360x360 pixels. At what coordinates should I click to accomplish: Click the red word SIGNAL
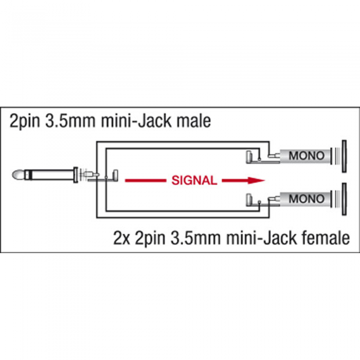(x=194, y=181)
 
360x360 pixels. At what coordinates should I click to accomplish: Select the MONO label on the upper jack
(x=307, y=156)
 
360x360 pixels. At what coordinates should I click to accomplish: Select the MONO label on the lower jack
(x=307, y=199)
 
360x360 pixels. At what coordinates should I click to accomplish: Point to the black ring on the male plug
(x=28, y=175)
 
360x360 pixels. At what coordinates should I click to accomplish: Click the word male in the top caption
(x=193, y=121)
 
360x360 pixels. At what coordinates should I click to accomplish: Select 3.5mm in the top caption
(x=70, y=121)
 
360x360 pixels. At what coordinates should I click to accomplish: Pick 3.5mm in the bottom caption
(x=196, y=238)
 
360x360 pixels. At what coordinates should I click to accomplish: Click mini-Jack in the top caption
(x=136, y=121)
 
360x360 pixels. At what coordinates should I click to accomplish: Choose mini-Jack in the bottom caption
(x=261, y=238)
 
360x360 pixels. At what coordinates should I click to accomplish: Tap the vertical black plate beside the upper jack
(x=344, y=156)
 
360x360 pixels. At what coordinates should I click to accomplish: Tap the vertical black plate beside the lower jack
(x=344, y=199)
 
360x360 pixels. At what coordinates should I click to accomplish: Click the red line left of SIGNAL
(x=146, y=181)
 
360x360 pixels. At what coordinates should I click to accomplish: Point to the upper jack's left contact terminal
(x=248, y=156)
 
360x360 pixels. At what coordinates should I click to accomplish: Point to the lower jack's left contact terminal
(x=248, y=200)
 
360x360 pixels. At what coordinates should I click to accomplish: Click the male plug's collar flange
(x=75, y=175)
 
